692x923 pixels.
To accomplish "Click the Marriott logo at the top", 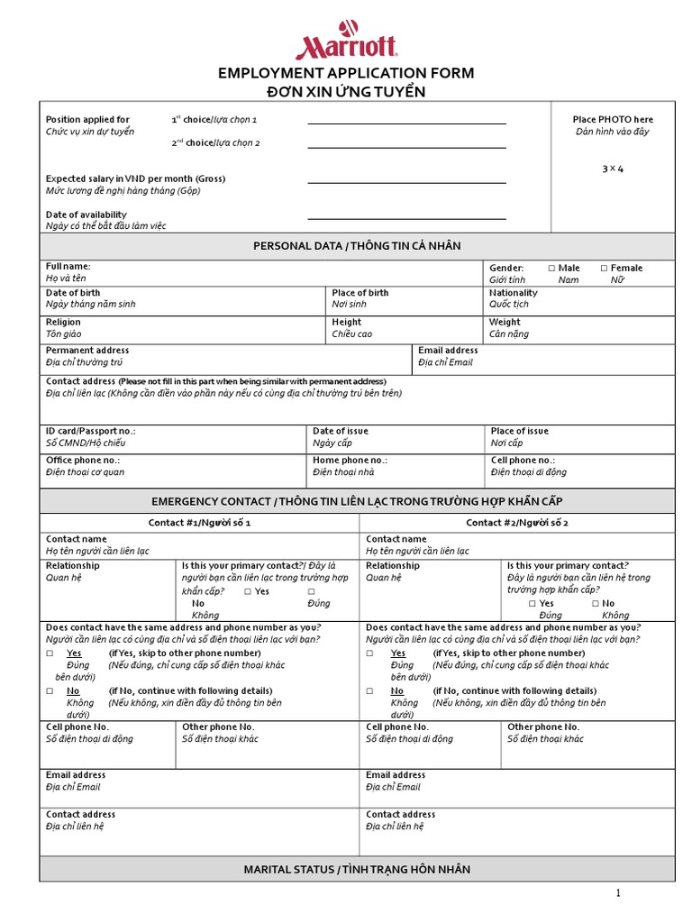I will (346, 41).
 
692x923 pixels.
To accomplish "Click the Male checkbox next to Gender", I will (551, 269).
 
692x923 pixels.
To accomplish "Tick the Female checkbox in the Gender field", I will (604, 269).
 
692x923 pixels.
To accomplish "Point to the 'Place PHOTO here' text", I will (613, 120).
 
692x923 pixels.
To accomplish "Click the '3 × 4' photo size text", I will (613, 169).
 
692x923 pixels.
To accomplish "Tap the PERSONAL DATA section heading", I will (357, 246).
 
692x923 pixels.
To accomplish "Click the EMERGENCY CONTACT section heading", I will (357, 500).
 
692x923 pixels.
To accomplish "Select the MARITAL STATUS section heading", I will (357, 870).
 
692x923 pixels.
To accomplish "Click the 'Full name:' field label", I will (68, 267).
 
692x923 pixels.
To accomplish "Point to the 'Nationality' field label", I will (513, 293).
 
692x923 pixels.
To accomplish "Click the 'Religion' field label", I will (63, 322).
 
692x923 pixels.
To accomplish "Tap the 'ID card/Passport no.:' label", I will (90, 432).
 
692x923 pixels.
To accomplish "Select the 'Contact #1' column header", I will (199, 523).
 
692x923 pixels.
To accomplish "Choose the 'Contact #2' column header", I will (517, 523).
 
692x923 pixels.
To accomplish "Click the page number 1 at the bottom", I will (619, 893).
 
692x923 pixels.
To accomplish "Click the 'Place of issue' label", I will (519, 432).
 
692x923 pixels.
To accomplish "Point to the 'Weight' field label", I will (505, 322).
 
